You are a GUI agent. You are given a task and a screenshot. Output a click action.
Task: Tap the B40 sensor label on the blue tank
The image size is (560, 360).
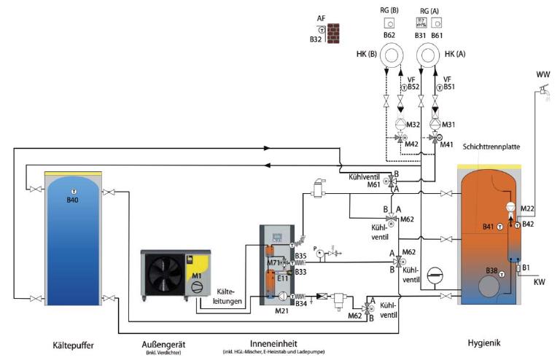coord(72,200)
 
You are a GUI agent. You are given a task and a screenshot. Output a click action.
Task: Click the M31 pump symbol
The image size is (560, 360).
coord(436,125)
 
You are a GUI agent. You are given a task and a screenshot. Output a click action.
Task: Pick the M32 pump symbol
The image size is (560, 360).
coord(400,125)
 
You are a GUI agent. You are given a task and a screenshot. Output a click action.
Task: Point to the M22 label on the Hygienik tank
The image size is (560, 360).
coord(529,210)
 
